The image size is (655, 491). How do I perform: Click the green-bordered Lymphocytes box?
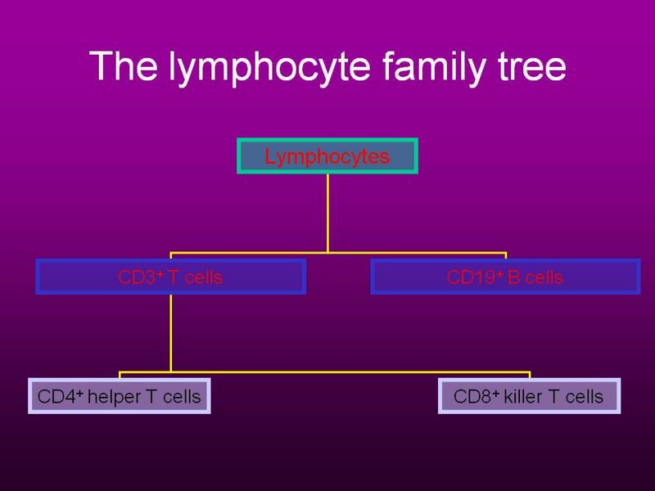(327, 156)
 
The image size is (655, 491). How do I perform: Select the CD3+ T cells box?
(171, 277)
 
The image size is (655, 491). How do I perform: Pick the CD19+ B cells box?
(505, 277)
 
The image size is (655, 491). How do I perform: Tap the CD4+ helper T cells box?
(120, 396)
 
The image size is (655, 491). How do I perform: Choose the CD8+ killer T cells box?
(528, 396)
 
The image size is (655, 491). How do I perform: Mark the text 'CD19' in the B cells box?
(466, 277)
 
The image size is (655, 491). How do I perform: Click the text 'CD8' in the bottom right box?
(469, 397)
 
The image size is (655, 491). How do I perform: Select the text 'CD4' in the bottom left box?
(53, 397)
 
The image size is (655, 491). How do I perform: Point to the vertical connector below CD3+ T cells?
(171, 331)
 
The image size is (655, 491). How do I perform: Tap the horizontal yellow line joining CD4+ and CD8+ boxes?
(327, 371)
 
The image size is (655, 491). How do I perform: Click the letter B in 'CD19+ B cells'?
(512, 277)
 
